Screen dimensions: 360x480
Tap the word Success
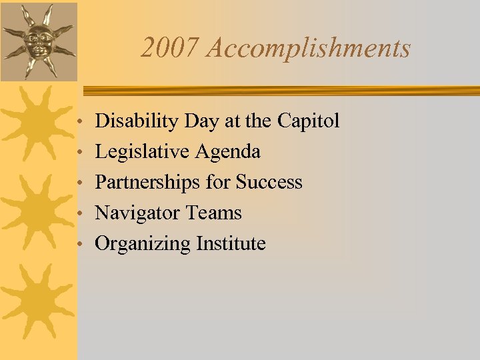coord(269,183)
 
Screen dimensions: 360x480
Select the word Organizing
coord(143,244)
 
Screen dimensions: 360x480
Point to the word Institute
coord(231,244)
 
